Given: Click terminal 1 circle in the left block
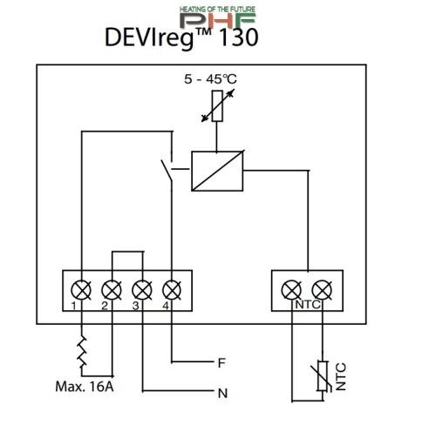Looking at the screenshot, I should (x=80, y=288).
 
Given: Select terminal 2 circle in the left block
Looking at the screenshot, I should (x=112, y=288).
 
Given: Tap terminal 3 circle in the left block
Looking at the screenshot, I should (x=141, y=288).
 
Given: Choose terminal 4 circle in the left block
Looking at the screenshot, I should (x=172, y=288).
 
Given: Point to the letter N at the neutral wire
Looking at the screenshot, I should (x=222, y=392).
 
